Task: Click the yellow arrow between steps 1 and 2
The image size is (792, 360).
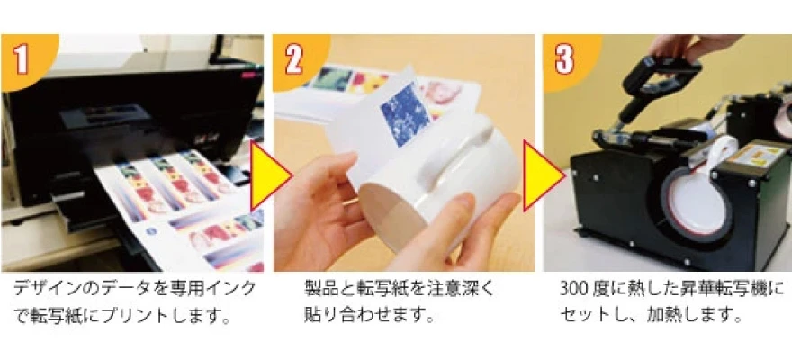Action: [271, 176]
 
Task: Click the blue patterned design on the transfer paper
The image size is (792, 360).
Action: [405, 114]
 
